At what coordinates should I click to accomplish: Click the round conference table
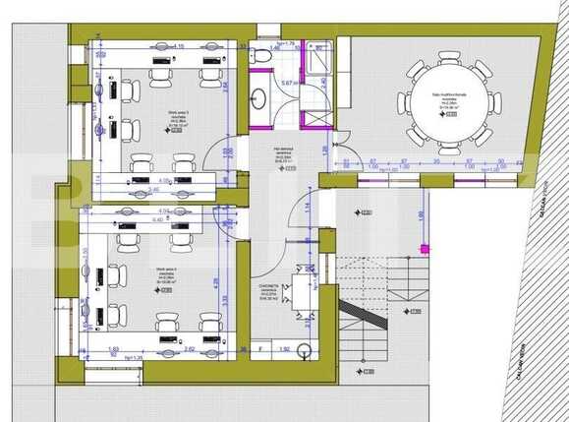click(448, 101)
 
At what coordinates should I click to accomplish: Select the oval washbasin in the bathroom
click(259, 98)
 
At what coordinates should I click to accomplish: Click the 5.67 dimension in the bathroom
click(285, 84)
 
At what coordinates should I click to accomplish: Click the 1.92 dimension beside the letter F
click(284, 349)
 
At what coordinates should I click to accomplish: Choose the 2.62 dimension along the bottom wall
click(187, 349)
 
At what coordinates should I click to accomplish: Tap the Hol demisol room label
click(285, 152)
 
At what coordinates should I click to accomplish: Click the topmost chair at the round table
click(449, 57)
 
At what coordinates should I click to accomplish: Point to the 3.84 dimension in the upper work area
click(225, 87)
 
